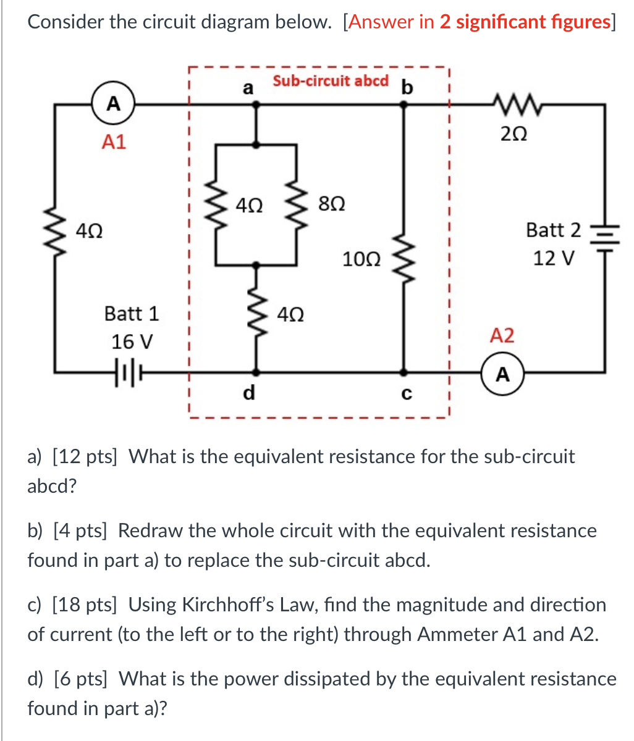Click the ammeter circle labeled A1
[114, 104]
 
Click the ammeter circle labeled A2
[503, 374]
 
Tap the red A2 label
[502, 337]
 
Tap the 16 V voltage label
[132, 341]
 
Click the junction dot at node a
[255, 105]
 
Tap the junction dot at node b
[404, 105]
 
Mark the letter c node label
[405, 395]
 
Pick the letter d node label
[248, 393]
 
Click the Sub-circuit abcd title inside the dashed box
[331, 81]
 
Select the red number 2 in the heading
[444, 22]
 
